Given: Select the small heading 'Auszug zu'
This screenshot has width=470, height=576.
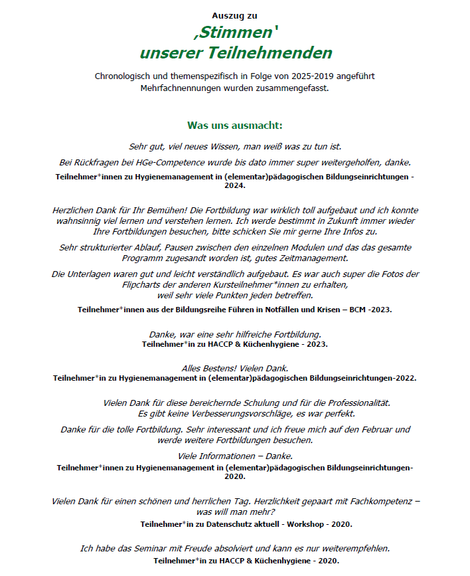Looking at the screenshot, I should tap(234, 15).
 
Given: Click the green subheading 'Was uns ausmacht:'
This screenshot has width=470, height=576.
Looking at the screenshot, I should tap(234, 125).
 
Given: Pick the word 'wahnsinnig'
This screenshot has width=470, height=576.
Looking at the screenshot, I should tap(80, 221).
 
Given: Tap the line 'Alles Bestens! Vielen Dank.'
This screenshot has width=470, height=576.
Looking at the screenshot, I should tap(234, 368).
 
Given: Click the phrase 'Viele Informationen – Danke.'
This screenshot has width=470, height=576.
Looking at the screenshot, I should tap(234, 456).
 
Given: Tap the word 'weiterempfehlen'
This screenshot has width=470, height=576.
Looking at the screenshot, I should tap(352, 549).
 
